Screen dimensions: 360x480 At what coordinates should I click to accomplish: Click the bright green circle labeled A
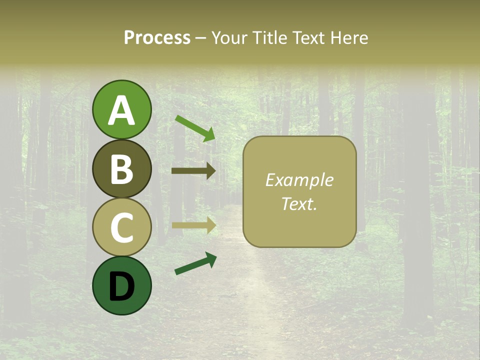[x=122, y=109]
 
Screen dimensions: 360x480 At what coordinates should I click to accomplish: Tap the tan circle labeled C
[x=122, y=227]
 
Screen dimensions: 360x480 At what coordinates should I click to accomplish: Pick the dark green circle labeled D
[x=122, y=285]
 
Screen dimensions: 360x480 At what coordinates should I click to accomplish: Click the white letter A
[x=122, y=110]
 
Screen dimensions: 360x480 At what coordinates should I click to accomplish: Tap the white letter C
[x=122, y=227]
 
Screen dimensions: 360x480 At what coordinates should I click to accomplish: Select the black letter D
[x=122, y=286]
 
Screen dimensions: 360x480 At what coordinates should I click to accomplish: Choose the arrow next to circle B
[x=193, y=171]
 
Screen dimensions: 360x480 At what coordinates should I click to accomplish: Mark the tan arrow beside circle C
[x=193, y=225]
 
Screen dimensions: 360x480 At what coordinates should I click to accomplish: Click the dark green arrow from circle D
[x=195, y=263]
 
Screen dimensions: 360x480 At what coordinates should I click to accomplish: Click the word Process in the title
[x=157, y=37]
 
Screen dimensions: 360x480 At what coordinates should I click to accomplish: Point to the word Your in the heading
[x=227, y=37]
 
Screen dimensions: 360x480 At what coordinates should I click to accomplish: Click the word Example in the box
[x=299, y=180]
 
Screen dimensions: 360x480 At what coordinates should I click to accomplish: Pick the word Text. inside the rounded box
[x=299, y=203]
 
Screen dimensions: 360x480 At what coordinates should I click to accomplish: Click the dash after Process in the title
[x=201, y=38]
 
